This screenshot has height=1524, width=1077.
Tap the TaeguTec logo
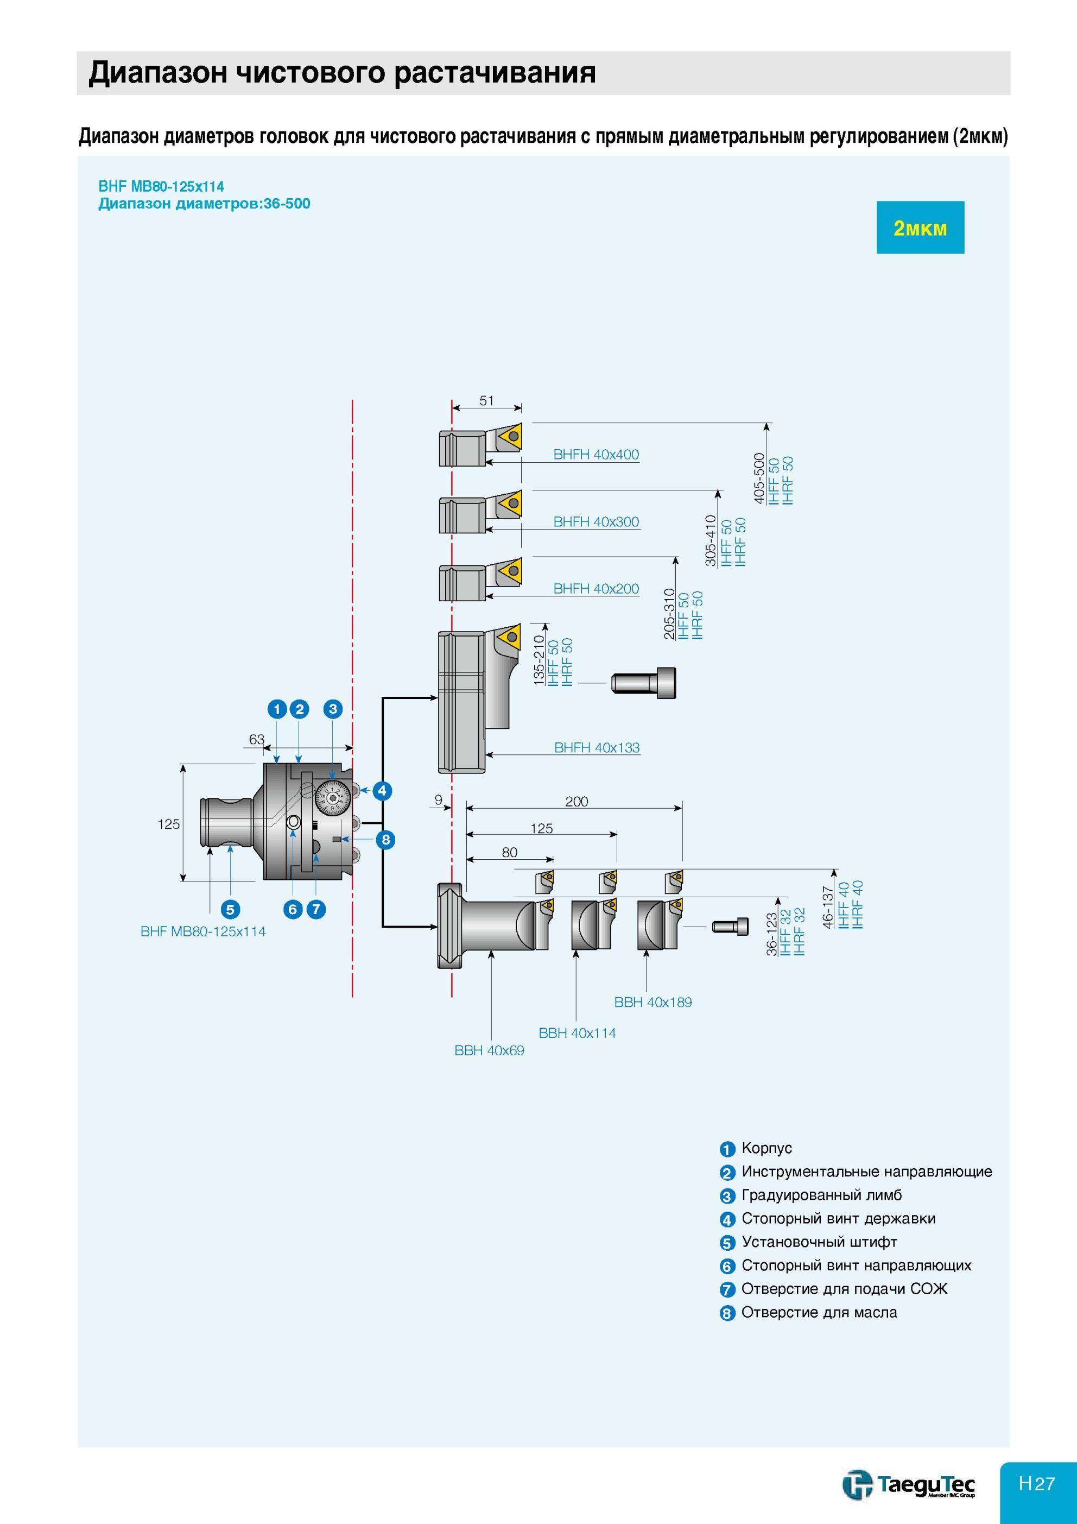click(x=909, y=1501)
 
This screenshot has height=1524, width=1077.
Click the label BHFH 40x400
click(x=596, y=455)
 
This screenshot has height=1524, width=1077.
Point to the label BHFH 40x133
click(x=597, y=747)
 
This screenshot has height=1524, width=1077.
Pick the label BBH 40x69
click(x=489, y=1050)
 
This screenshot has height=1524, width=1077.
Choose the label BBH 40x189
click(x=653, y=1002)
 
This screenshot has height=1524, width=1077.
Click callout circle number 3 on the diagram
click(x=333, y=708)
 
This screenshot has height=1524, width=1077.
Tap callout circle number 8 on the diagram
click(x=385, y=840)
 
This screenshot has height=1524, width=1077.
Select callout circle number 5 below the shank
click(x=230, y=909)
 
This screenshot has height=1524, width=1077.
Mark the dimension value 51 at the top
click(x=486, y=400)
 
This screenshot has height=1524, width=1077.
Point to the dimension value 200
click(x=576, y=801)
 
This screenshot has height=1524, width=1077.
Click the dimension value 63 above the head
click(x=257, y=739)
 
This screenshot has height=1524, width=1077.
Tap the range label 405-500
click(x=759, y=478)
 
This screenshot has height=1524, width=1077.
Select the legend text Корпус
click(x=766, y=1148)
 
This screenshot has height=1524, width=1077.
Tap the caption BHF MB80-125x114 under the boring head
click(x=203, y=931)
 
